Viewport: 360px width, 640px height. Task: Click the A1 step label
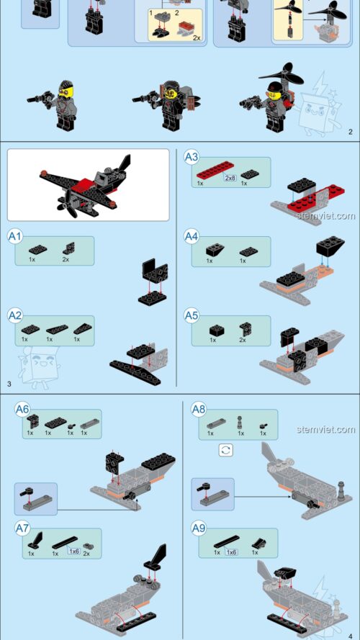(16, 235)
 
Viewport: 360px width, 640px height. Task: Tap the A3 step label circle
(192, 157)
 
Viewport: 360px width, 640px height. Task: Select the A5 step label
(192, 315)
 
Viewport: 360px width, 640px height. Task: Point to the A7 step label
(23, 528)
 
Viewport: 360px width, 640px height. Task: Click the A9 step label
(199, 527)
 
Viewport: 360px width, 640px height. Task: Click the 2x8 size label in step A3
(230, 177)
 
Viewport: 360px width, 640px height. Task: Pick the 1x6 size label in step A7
(73, 551)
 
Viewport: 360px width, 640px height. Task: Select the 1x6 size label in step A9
(232, 551)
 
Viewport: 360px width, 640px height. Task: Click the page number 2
(350, 132)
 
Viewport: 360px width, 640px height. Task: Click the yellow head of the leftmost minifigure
(64, 92)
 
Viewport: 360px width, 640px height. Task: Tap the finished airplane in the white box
(86, 186)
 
